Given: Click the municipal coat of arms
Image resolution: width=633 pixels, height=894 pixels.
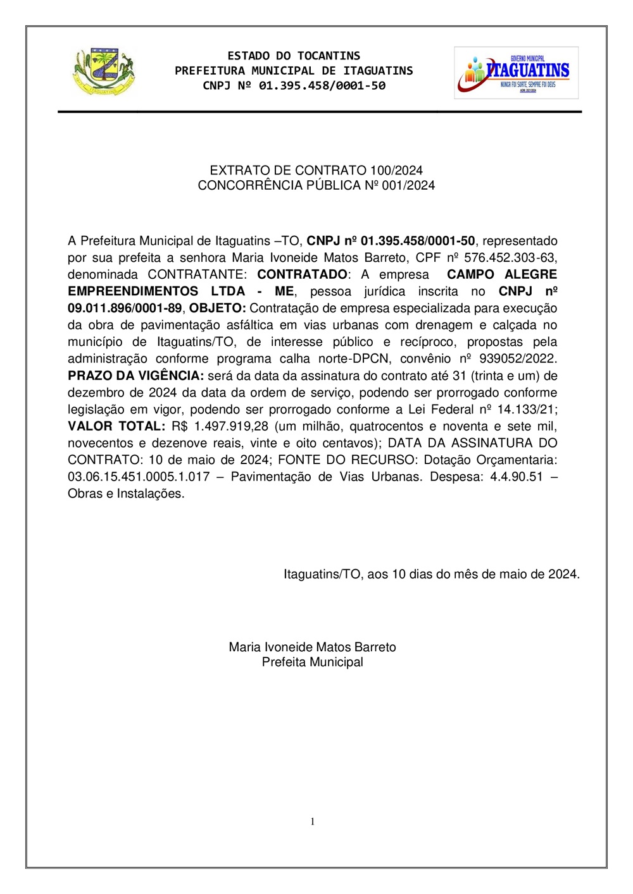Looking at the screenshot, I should point(104,71).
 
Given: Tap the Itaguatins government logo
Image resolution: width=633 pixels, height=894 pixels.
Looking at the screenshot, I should point(516,73).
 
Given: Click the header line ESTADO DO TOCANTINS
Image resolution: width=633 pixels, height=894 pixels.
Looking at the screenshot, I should point(294,56).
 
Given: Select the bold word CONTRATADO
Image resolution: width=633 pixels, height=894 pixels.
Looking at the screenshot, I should point(302,274).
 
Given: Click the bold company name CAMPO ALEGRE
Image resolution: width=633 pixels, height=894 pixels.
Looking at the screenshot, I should point(502,274).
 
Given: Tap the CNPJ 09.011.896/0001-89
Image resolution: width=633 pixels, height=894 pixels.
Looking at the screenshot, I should point(125,309).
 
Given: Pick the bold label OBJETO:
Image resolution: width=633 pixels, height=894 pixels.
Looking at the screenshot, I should point(217,309).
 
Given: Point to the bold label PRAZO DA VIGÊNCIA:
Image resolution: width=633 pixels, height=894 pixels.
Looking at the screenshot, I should point(135,376).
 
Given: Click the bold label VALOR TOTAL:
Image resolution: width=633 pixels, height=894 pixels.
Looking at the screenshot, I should point(116,426).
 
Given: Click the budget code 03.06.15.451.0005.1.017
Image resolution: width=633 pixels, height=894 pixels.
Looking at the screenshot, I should point(139,477).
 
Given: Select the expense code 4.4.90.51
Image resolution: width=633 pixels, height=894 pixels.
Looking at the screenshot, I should point(517,477).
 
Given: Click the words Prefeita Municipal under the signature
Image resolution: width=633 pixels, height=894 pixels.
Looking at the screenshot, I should point(313,662).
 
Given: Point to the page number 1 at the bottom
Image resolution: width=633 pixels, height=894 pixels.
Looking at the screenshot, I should point(313,821).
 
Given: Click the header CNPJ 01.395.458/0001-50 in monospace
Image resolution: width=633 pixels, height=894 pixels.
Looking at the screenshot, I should point(294,85).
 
